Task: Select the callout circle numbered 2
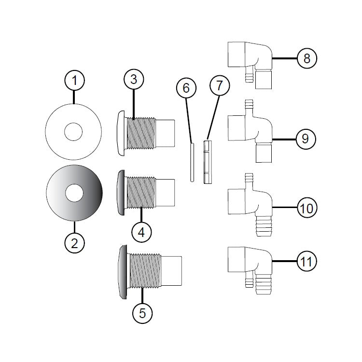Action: (74, 243)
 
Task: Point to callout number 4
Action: (141, 232)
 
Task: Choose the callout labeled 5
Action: (142, 312)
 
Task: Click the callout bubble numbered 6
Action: (186, 88)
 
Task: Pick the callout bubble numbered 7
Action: (220, 87)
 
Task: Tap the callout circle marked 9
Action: (305, 139)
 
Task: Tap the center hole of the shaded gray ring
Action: (74, 194)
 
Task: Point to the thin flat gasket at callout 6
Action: (192, 162)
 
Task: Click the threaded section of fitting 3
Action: (141, 132)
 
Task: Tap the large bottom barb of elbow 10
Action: (263, 228)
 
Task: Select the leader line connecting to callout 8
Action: (284, 58)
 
